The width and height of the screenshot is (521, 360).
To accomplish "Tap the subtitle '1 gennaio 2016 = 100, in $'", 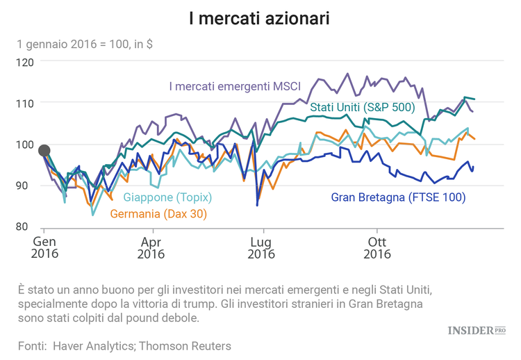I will pyautogui.click(x=85, y=44).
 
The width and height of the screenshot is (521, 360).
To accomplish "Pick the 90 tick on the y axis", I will pyautogui.click(x=28, y=186).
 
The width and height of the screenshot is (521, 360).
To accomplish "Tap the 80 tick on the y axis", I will pyautogui.click(x=28, y=227).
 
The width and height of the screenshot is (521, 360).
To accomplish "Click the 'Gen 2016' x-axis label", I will pyautogui.click(x=44, y=247).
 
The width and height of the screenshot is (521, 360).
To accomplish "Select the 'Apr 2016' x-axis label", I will pyautogui.click(x=151, y=247).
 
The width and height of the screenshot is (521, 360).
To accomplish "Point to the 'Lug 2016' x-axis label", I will pyautogui.click(x=261, y=247).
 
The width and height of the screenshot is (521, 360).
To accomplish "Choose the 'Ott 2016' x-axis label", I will pyautogui.click(x=376, y=247).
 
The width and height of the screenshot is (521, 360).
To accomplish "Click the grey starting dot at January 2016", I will pyautogui.click(x=44, y=150).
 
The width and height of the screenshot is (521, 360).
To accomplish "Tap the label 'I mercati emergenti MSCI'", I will pyautogui.click(x=234, y=87).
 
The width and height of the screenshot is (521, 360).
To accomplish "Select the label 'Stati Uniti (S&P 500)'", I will pyautogui.click(x=362, y=107).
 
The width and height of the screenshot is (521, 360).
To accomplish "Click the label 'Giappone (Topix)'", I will pyautogui.click(x=167, y=197).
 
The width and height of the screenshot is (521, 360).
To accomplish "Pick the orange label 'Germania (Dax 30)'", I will pyautogui.click(x=158, y=213).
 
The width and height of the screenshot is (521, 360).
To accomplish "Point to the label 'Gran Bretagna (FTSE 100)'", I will pyautogui.click(x=398, y=197).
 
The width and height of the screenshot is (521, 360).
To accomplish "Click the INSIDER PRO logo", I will pyautogui.click(x=476, y=330).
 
